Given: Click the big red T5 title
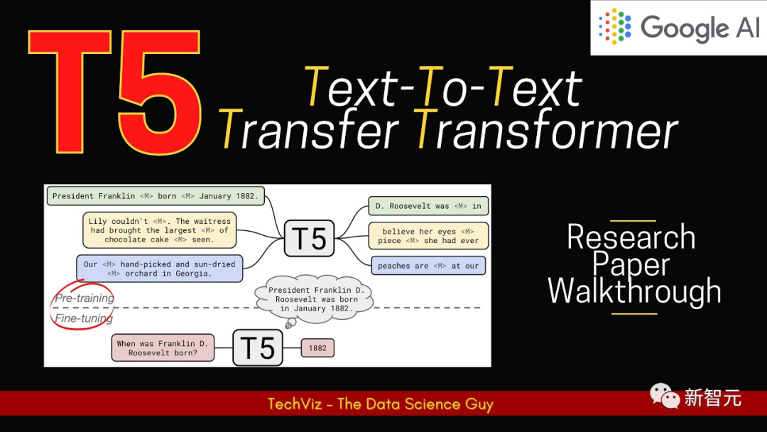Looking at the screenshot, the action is coord(115,92).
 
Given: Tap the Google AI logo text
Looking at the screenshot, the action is coord(700,28).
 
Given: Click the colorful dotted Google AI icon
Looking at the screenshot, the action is coord(615,26).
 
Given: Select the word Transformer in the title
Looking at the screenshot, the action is coord(547,129).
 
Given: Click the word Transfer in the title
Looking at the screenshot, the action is coord(308,129).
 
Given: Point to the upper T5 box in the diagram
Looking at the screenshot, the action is coord(309,238).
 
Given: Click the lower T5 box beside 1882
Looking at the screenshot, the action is coord(258,348).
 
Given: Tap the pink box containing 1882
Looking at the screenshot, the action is coord(317,348).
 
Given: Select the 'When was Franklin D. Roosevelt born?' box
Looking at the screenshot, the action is coord(163,348).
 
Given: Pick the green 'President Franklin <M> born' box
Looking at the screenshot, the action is coord(156,195).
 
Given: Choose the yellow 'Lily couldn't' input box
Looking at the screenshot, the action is coord(160,230).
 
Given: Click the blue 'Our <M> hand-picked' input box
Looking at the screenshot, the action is coord(160,269).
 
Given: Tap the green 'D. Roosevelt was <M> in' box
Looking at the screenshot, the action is coord(428,206).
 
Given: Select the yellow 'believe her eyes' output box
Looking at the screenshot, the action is coord(428,236).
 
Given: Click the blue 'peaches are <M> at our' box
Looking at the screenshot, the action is coord(428,266).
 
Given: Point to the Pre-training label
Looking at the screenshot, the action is coord(85,298).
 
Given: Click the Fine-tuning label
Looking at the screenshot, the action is coord(84,318).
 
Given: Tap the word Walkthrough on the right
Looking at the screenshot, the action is coord(634,291).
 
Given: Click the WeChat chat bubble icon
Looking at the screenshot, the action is coord(665,396).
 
